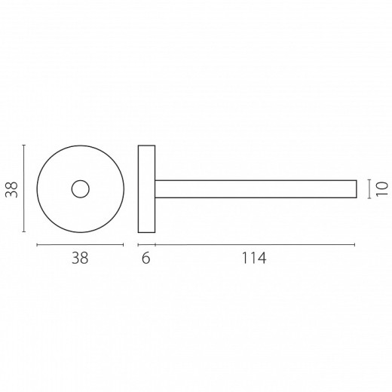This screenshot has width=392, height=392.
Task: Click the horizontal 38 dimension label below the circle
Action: pyautogui.click(x=80, y=258)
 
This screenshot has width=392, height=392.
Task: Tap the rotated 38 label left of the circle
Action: pyautogui.click(x=12, y=189)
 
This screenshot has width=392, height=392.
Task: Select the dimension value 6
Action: pyautogui.click(x=145, y=258)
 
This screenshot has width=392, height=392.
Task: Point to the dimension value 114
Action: pyautogui.click(x=253, y=258)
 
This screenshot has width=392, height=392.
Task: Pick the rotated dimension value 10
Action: pyautogui.click(x=381, y=189)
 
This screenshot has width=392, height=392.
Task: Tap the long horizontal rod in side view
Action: pyautogui.click(x=256, y=180)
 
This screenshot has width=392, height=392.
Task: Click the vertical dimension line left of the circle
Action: pyautogui.click(x=24, y=188)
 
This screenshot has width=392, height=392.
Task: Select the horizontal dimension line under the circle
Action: pyautogui.click(x=80, y=245)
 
